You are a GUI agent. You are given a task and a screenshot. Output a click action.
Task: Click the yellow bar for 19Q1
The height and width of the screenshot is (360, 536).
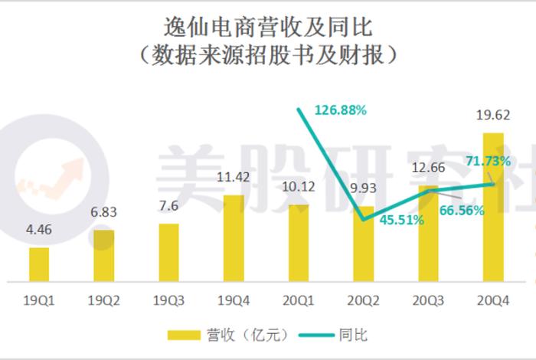point(39,263)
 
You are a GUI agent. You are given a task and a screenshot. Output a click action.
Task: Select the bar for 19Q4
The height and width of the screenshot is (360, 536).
point(233,237)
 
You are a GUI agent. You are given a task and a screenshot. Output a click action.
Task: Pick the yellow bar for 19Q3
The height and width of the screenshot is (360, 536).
point(168,252)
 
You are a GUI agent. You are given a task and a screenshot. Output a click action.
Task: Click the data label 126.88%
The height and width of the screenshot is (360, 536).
point(342,110)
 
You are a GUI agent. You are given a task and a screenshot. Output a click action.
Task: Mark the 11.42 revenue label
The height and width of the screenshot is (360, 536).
point(233,178)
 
